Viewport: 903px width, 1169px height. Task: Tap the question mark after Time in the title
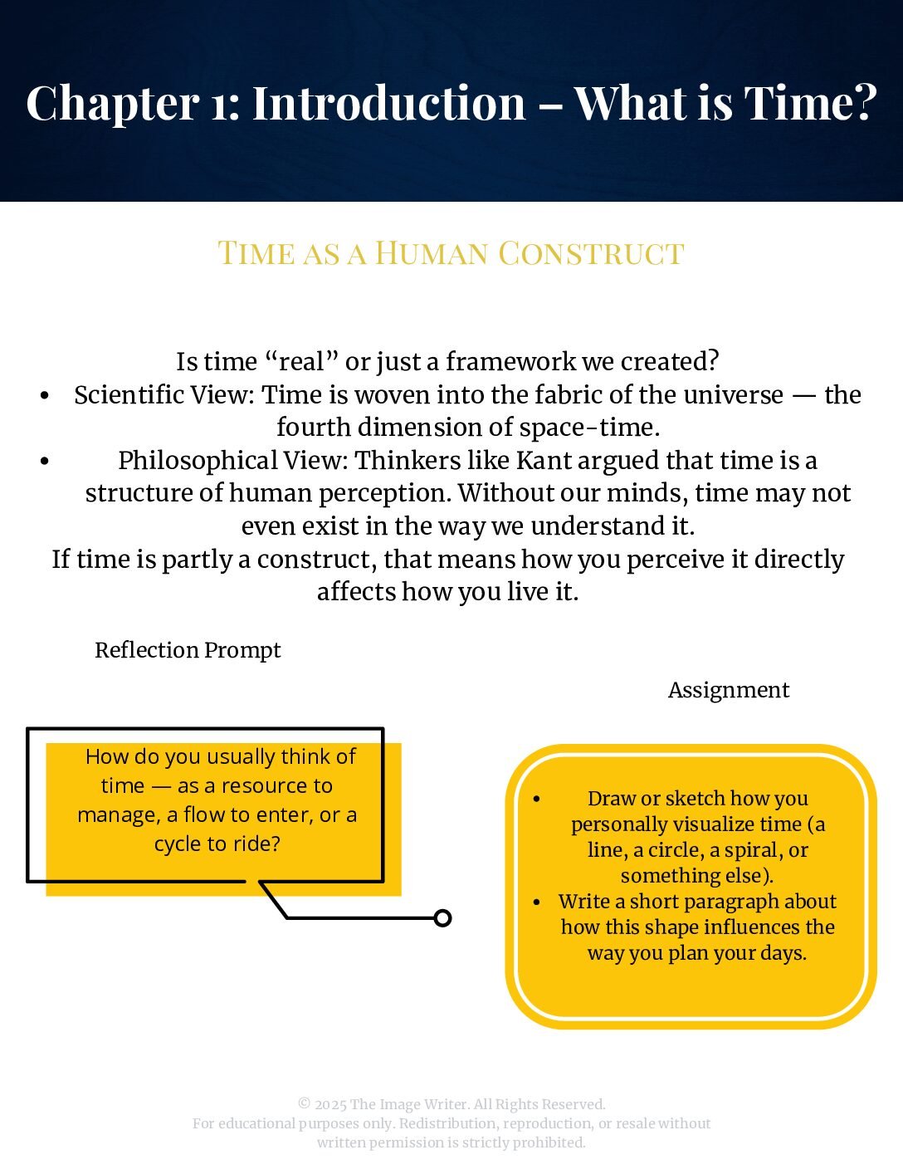tap(864, 103)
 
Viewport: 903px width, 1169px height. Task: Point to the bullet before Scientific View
tap(45, 395)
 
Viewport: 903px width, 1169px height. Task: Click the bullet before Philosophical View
tap(45, 461)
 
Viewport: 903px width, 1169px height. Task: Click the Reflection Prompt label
tap(188, 650)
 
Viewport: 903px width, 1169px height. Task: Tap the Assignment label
tap(728, 690)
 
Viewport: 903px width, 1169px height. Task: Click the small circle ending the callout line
tap(443, 917)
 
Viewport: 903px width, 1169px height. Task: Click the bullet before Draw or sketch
tap(537, 799)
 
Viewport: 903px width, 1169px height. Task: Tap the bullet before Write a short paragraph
tap(537, 902)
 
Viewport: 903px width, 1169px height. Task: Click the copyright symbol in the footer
tap(304, 1104)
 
